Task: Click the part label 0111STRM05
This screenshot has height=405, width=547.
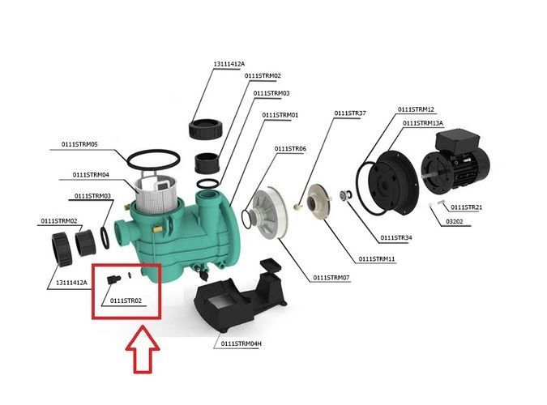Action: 79,144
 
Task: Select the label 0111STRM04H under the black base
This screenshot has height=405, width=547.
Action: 241,343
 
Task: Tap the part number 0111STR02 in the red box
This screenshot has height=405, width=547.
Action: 126,301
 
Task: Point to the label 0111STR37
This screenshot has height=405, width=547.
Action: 350,113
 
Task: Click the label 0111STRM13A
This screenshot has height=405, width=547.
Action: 423,123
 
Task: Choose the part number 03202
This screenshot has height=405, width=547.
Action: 454,221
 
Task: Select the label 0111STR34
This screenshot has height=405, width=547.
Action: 396,238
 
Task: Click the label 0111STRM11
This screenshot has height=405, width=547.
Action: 377,259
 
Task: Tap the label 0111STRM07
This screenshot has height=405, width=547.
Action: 331,278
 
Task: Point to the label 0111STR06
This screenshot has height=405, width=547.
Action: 290,149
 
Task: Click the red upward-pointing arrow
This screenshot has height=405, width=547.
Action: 143,350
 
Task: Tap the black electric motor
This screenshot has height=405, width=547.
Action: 455,164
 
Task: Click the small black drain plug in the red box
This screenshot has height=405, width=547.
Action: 113,279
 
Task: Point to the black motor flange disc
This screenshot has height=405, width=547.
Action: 394,183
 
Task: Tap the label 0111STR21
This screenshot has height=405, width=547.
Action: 467,207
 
